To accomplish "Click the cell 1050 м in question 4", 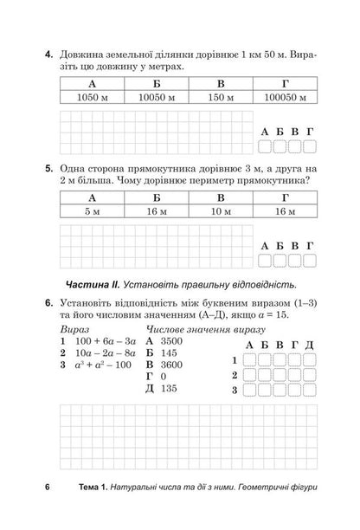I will coord(92,100).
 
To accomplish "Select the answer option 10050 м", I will coord(157,100).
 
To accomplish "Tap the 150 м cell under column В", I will coord(222,100).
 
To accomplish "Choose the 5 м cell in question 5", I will coord(92,210).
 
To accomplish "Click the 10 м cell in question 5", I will coord(222,210).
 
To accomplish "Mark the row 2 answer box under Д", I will coord(308,376).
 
